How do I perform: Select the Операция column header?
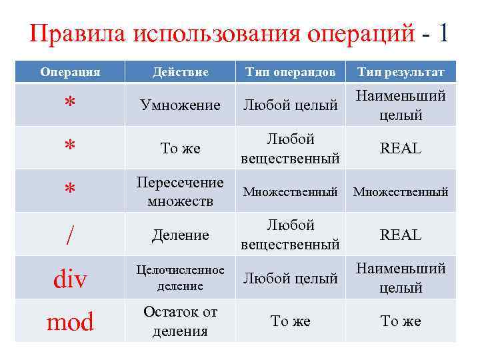[70, 72]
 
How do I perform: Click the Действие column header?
[180, 72]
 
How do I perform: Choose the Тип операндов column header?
[290, 72]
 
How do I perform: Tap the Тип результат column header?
[401, 72]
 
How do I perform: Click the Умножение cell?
[180, 105]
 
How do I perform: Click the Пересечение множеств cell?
[180, 191]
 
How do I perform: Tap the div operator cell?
[70, 279]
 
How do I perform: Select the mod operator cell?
[70, 322]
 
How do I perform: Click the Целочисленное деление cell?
[180, 278]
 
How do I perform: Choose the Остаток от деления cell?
[180, 321]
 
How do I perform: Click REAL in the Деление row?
[401, 235]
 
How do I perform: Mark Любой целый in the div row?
[290, 279]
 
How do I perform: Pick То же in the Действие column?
[180, 149]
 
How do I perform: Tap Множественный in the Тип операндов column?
[290, 192]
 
